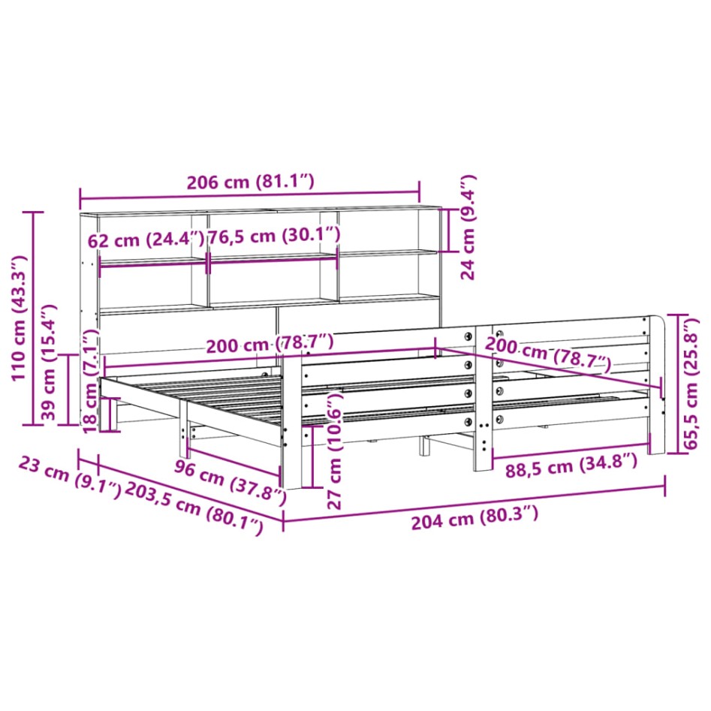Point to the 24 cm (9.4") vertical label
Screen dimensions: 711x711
(468, 227)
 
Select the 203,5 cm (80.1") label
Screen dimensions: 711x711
(194, 508)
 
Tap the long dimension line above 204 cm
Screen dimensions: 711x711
(473, 502)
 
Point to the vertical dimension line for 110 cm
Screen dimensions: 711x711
(32, 319)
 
